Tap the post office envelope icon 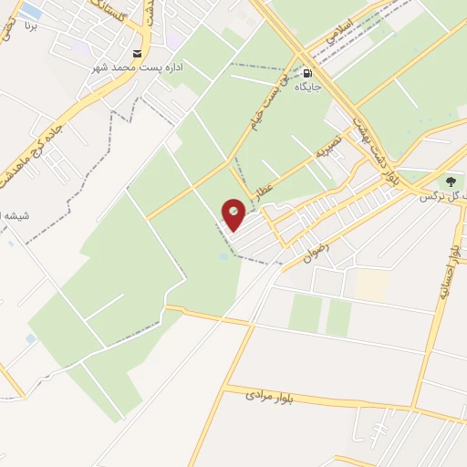(138, 53)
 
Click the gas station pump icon (307, 72)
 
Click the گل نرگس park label (441, 196)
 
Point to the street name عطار (265, 190)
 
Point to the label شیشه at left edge (14, 215)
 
